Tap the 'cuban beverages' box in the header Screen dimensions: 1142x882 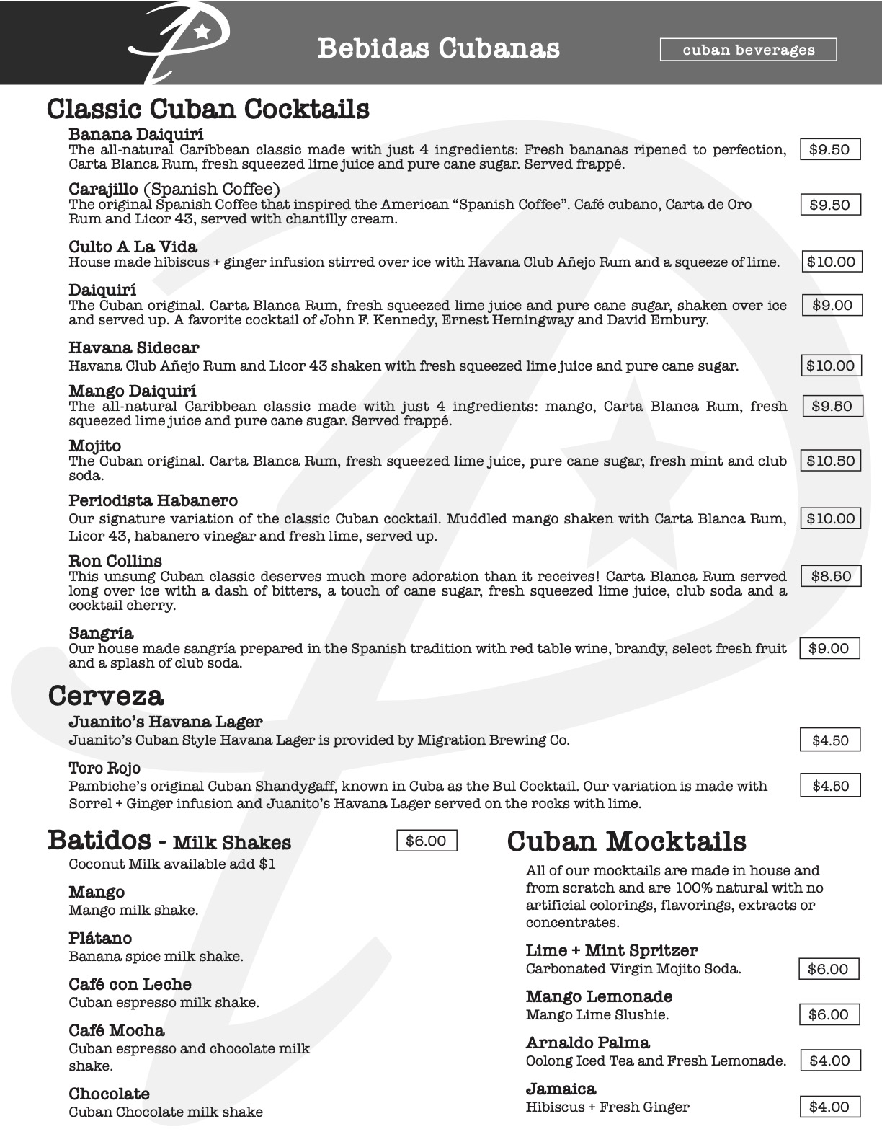[748, 50]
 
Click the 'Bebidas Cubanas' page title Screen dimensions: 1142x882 [438, 48]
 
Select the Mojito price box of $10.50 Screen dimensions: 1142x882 [831, 461]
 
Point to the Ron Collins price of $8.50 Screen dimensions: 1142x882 [831, 576]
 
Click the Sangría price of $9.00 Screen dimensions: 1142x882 [829, 648]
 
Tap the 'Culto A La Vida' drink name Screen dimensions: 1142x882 [133, 247]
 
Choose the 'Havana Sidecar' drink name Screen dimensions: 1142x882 [133, 348]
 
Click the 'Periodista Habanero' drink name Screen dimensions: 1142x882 [153, 500]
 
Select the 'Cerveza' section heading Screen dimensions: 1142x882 [106, 696]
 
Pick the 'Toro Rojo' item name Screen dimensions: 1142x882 [104, 768]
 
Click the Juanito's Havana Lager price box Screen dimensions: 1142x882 [830, 740]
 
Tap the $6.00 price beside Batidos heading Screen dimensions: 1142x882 [426, 841]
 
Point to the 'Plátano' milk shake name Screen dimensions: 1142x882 [100, 938]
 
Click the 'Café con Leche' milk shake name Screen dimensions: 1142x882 [130, 984]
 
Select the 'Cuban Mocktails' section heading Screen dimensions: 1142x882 [626, 841]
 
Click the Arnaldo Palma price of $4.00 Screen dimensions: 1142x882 [829, 1061]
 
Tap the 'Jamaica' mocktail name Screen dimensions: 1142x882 [561, 1089]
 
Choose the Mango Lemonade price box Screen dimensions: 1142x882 [828, 1014]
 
